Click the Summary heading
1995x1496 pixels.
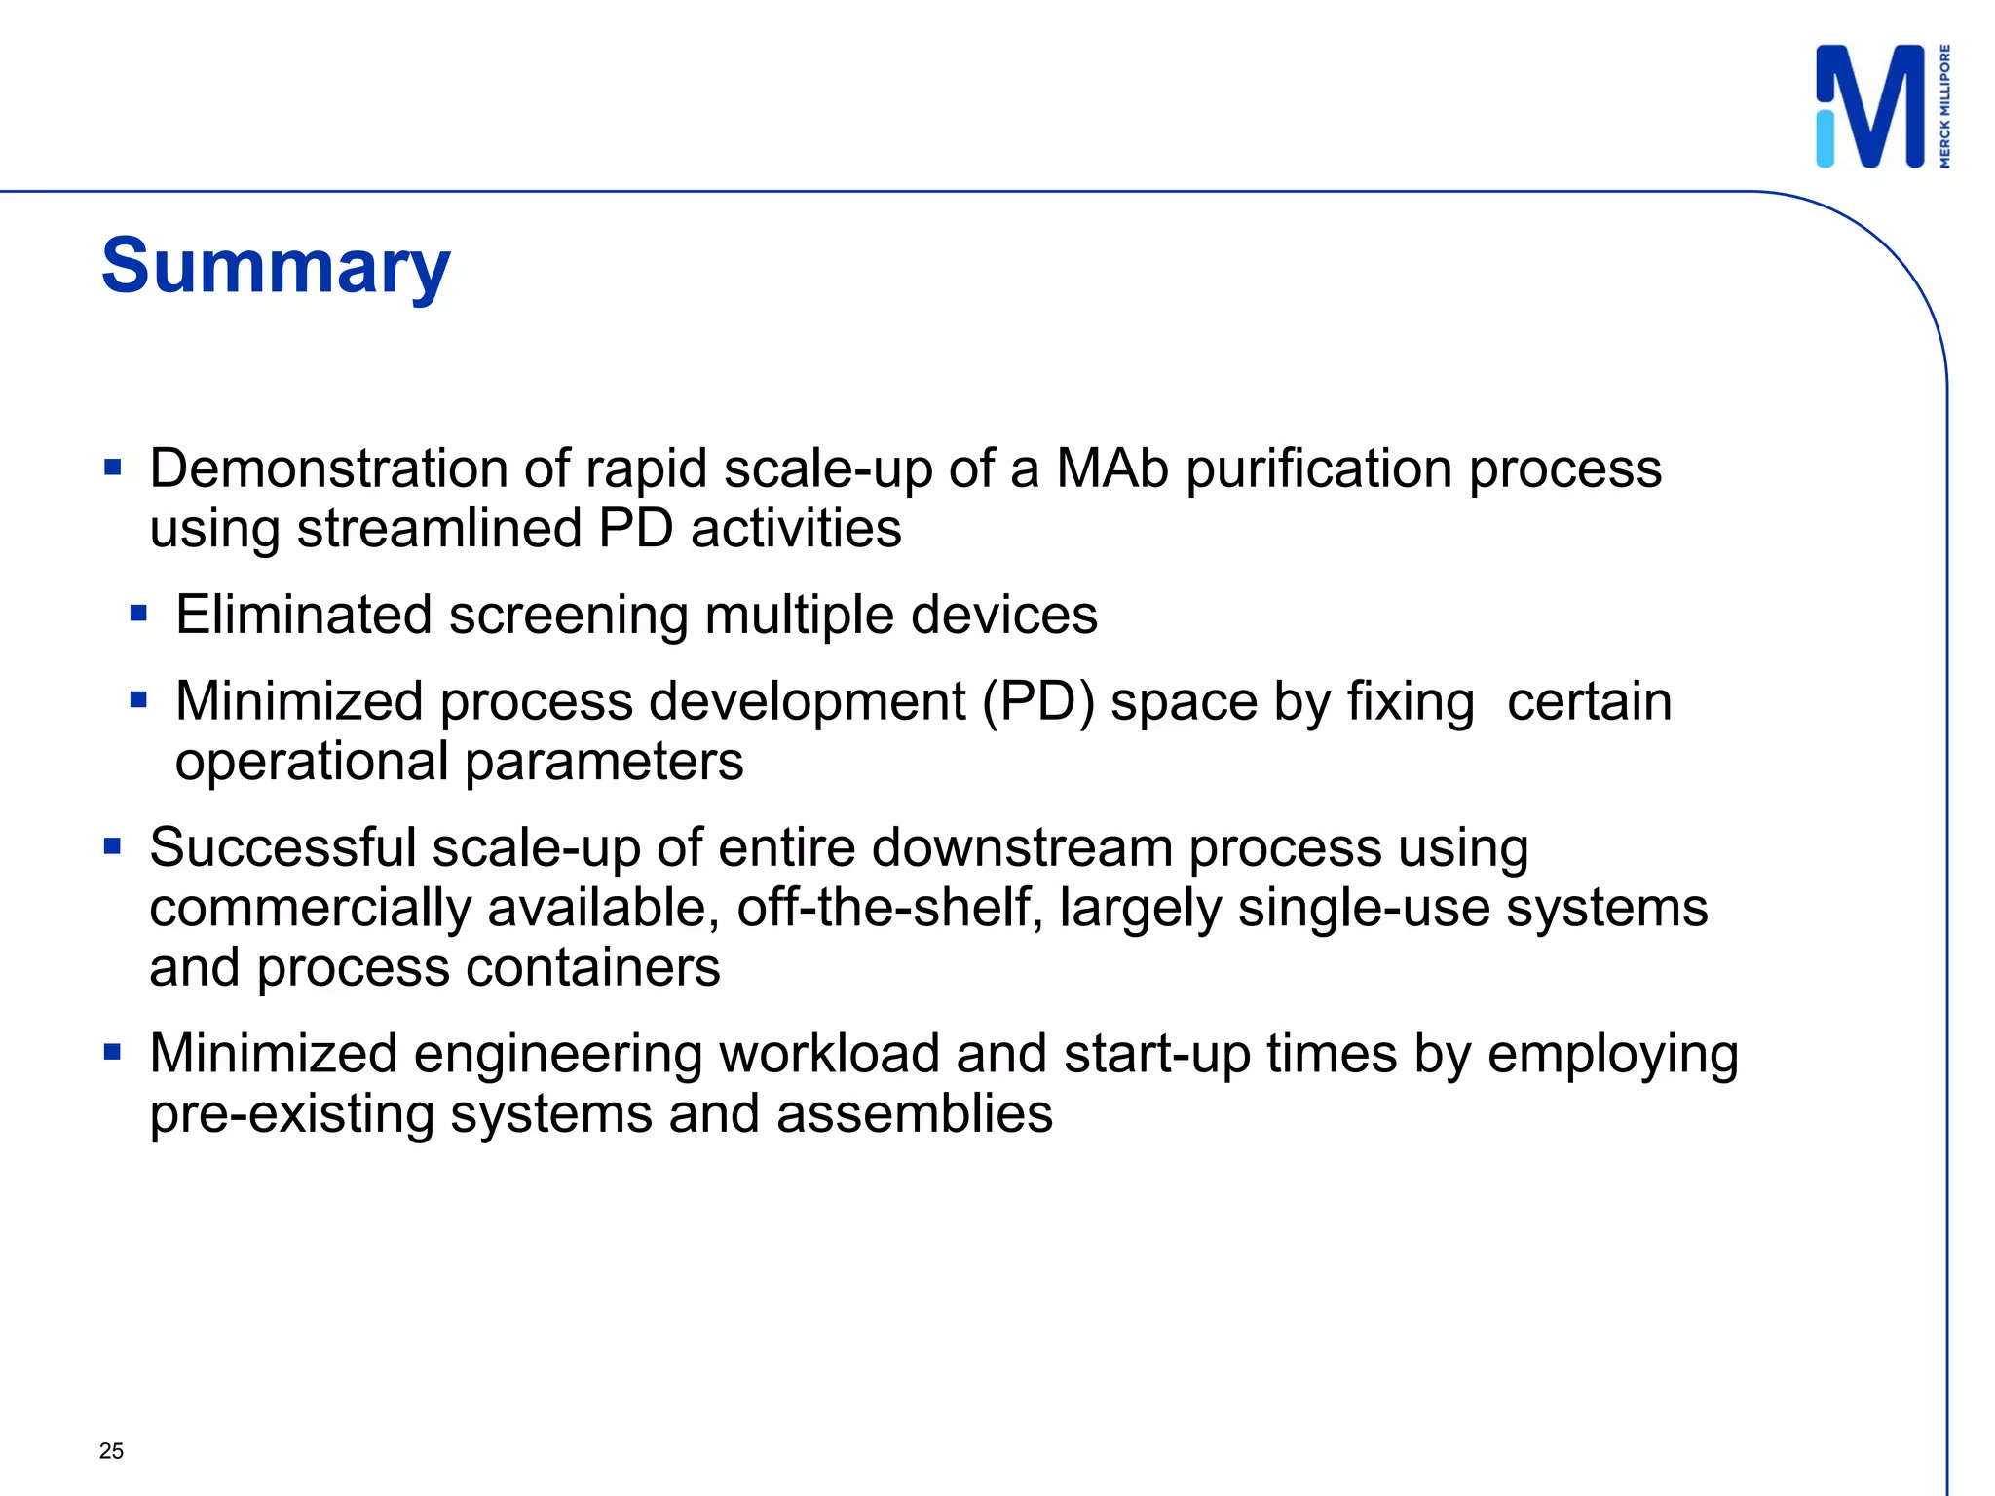pos(276,266)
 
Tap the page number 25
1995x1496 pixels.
pos(111,1451)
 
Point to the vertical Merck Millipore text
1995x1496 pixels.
pos(1944,106)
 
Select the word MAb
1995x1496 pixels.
pos(1111,468)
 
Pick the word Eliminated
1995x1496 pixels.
pos(303,616)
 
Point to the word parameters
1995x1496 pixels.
pos(604,762)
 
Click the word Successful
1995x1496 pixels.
pos(282,847)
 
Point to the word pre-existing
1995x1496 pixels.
pos(291,1114)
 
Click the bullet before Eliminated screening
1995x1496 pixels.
pos(138,614)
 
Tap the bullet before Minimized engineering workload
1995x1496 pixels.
pos(113,1052)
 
